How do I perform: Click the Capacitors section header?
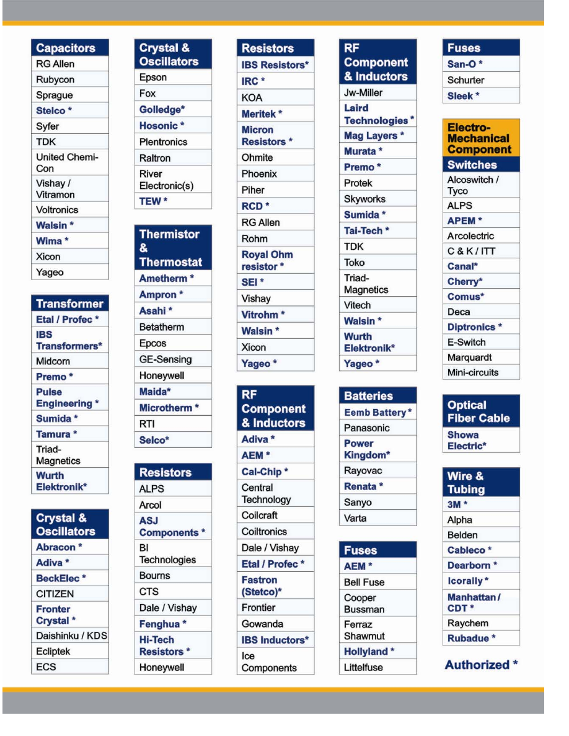69,48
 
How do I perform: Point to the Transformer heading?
69,304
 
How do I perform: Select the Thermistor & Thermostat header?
172,248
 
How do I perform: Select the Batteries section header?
377,396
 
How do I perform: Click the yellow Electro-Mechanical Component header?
480,138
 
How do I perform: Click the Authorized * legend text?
481,665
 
